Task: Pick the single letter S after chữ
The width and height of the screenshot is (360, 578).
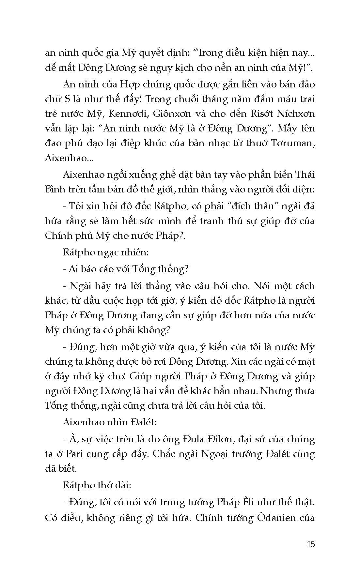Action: (65, 99)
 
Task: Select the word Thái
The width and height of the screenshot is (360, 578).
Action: (304, 175)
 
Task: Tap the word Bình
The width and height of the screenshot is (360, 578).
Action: (55, 190)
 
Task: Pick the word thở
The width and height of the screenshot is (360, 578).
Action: (102, 485)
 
